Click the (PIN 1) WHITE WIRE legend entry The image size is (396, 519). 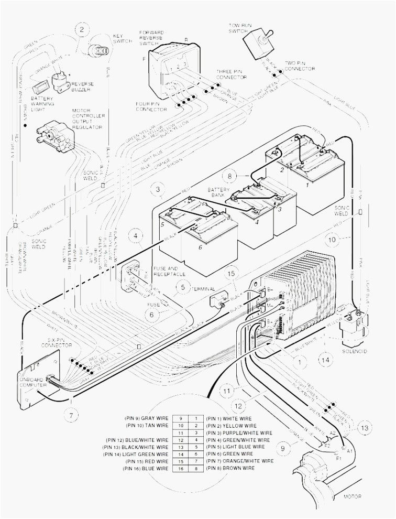230,419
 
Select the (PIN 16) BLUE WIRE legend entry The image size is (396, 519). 148,468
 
